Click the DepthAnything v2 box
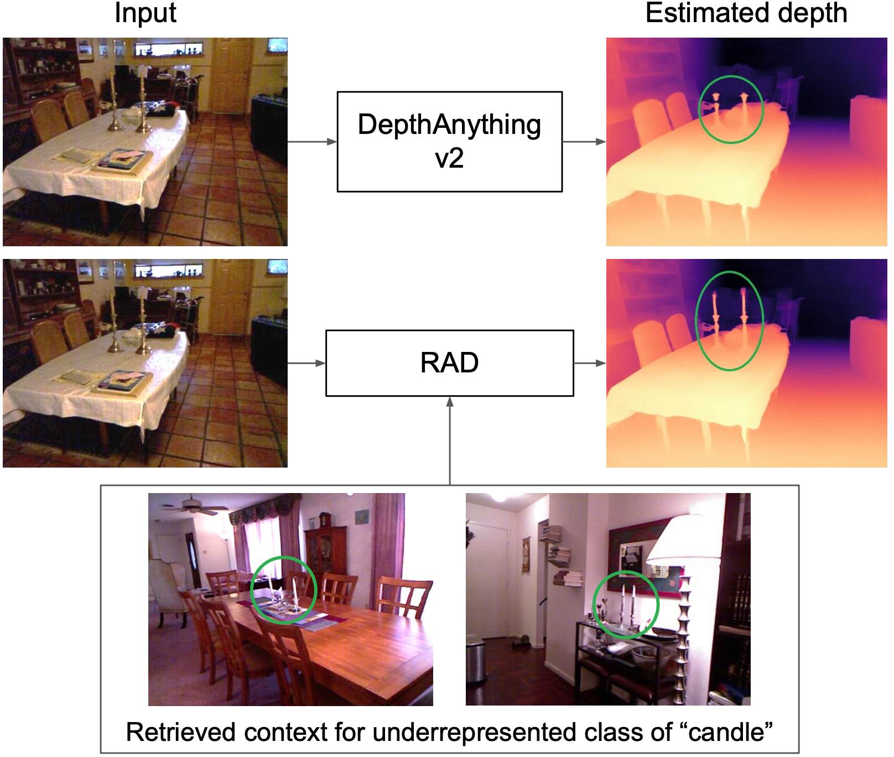click(x=449, y=142)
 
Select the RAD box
click(x=449, y=363)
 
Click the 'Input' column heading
click(x=145, y=13)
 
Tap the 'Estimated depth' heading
click(x=746, y=13)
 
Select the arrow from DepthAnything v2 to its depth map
click(x=584, y=142)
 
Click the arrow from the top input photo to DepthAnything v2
click(x=312, y=142)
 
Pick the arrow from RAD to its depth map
click(x=590, y=363)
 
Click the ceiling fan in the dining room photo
click(x=194, y=506)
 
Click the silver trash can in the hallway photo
click(x=475, y=662)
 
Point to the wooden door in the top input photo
click(x=232, y=72)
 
